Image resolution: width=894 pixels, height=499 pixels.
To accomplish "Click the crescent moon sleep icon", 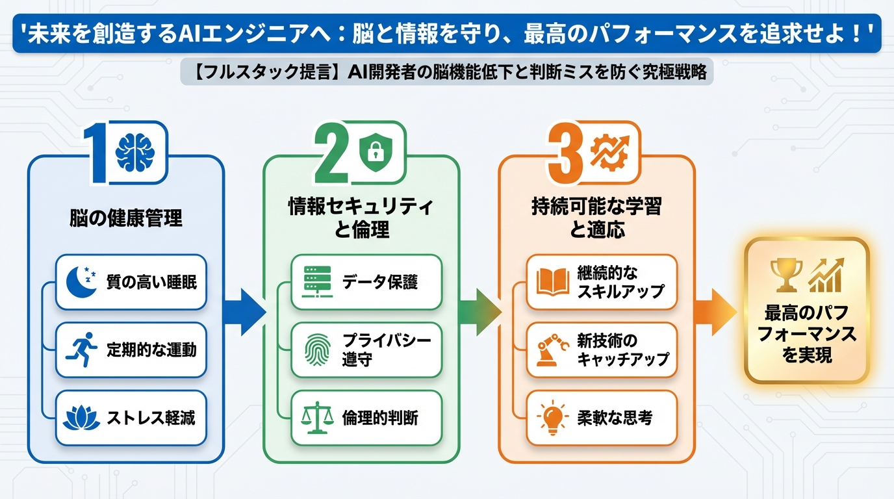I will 81,281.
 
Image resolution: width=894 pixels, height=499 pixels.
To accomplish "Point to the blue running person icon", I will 81,350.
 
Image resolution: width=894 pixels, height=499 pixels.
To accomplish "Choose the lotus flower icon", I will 81,417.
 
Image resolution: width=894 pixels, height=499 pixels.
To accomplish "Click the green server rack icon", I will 317,281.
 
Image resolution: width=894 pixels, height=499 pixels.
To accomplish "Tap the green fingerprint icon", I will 317,350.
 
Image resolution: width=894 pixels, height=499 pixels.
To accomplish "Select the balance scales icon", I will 317,417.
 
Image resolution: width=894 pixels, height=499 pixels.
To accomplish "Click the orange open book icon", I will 553,281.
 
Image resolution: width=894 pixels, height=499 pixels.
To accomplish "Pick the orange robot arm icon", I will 553,350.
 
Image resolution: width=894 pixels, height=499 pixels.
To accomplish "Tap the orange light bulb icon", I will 553,417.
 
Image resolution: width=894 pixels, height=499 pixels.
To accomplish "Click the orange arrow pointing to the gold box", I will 715,312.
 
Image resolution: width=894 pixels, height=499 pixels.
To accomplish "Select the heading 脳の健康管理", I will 126,218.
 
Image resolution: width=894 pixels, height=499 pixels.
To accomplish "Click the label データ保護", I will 380,282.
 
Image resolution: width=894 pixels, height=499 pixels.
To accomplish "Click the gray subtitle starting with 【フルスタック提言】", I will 447,72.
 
